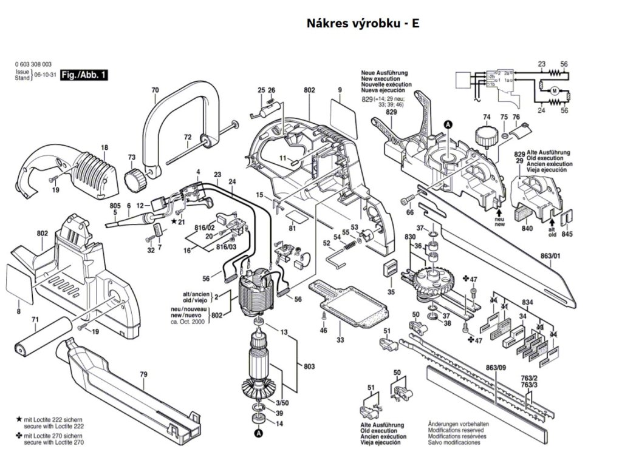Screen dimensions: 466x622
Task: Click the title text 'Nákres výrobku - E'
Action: (363, 24)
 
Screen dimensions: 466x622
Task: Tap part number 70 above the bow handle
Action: (155, 91)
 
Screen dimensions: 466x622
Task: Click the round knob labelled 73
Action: (135, 180)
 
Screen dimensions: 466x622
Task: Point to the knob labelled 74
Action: (485, 135)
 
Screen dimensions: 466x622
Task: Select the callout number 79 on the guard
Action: (143, 374)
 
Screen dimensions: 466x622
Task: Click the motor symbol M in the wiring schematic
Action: (553, 90)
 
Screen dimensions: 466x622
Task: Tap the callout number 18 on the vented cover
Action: (104, 147)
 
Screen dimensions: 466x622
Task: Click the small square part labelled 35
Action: (389, 269)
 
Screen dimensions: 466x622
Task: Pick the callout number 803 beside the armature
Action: (309, 367)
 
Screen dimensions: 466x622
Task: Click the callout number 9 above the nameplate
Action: (340, 91)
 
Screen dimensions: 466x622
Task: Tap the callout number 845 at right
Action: (567, 234)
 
